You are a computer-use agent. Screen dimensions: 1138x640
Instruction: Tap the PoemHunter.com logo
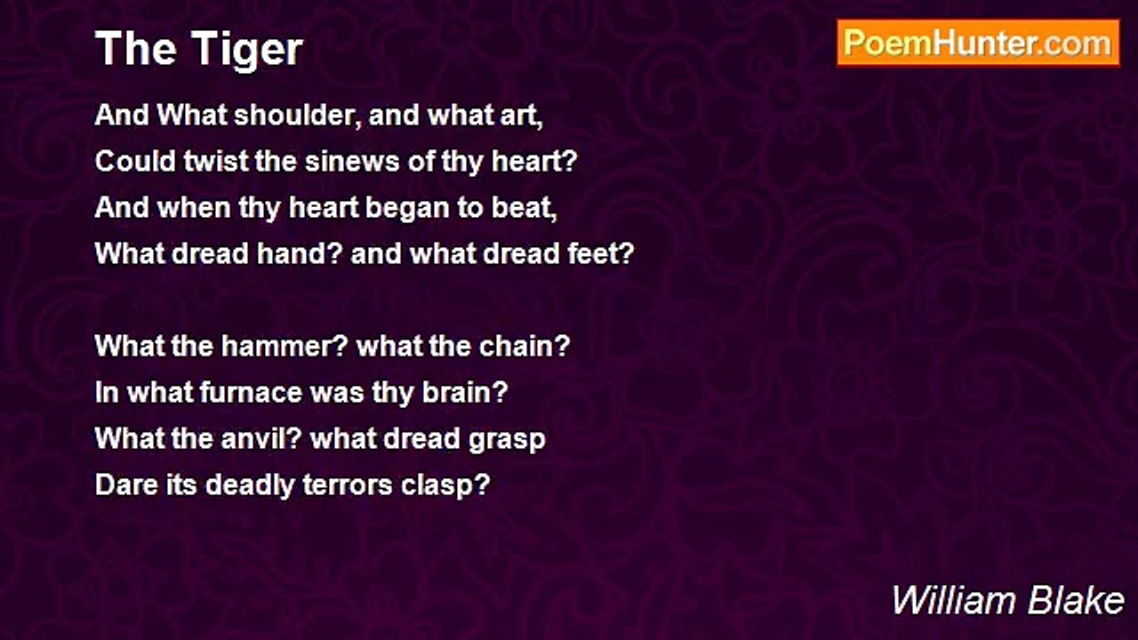coord(978,44)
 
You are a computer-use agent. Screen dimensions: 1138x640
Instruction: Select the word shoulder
coord(298,116)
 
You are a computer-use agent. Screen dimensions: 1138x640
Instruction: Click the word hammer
coord(284,346)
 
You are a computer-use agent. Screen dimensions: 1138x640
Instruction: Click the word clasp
coord(445,486)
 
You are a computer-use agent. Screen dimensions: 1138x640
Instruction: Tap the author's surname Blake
coord(1076,601)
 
